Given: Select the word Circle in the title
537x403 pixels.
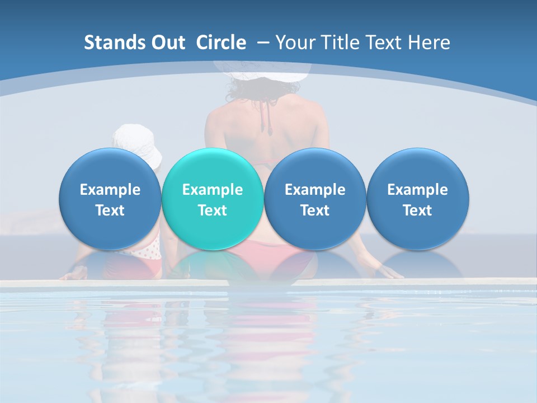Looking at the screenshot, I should [x=221, y=43].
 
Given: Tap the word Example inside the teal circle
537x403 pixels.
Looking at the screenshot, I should [x=213, y=190].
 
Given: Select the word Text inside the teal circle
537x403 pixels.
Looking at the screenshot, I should [x=213, y=210].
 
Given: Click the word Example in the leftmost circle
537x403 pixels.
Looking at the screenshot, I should [x=110, y=190].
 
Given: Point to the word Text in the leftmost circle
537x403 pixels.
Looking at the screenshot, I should [x=110, y=210].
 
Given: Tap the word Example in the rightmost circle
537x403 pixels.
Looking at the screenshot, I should [x=418, y=190].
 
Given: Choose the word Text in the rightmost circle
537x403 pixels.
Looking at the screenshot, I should [x=418, y=210].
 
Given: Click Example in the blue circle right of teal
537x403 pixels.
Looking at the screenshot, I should [x=315, y=190].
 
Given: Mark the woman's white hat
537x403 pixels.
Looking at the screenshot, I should [x=262, y=71].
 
